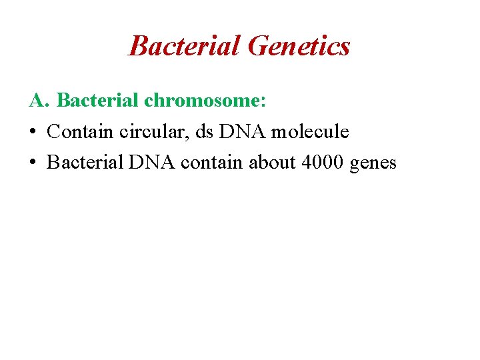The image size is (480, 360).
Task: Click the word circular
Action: pyautogui.click(x=153, y=131)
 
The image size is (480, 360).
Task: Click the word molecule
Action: pyautogui.click(x=309, y=131)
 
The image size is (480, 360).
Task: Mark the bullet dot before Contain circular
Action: pyautogui.click(x=33, y=132)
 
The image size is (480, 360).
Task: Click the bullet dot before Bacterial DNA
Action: pyautogui.click(x=33, y=163)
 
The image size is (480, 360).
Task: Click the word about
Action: pyautogui.click(x=273, y=162)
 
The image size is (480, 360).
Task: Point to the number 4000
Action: pyautogui.click(x=322, y=162)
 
